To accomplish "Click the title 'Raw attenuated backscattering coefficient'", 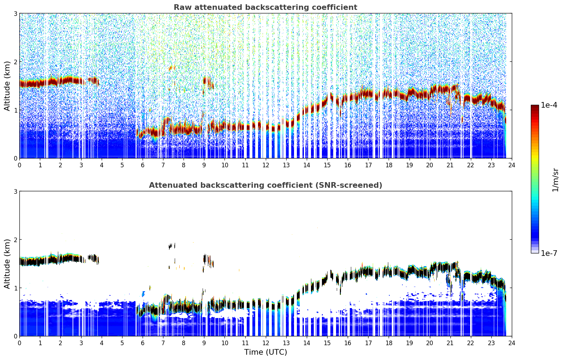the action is [265, 7].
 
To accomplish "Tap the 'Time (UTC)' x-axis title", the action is [265, 352].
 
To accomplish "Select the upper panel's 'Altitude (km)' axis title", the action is [7, 86].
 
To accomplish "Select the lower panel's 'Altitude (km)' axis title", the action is [7, 264].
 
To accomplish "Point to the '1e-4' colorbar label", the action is [549, 105].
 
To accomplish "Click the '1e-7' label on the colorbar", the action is [549, 253].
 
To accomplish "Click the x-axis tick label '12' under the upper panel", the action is [266, 165].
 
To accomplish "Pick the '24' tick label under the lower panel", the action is [512, 343].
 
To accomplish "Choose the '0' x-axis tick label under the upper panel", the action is [20, 165].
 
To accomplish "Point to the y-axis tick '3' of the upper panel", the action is [15, 13].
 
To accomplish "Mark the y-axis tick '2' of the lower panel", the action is [15, 240].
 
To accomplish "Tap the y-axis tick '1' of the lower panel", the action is [15, 288].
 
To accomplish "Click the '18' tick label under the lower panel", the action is [389, 343].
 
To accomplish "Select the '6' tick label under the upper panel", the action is [143, 165].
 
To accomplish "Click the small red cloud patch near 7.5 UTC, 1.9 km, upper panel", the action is [172, 68].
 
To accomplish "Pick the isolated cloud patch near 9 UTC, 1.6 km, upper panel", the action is [208, 83].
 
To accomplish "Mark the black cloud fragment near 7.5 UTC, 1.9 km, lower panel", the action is [172, 246].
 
